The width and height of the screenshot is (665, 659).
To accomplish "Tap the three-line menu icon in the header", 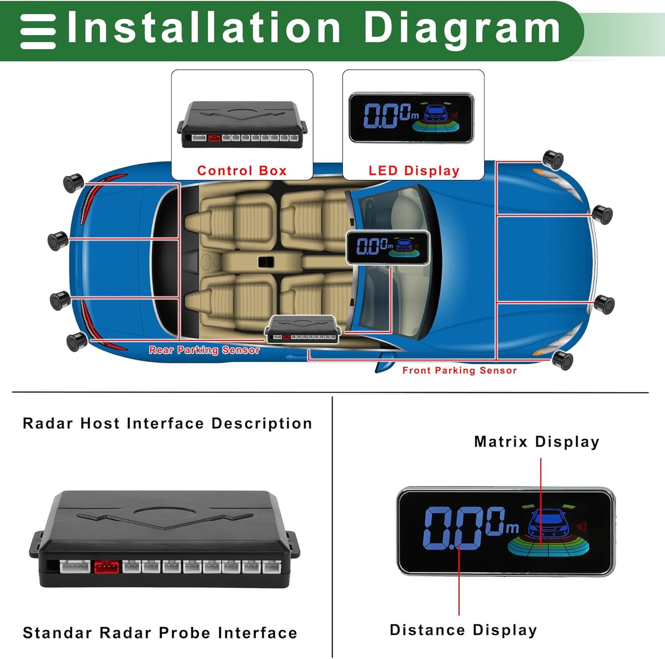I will click(38, 31).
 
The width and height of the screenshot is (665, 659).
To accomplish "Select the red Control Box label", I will click(242, 171).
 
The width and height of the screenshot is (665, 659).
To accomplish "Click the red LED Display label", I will click(414, 171).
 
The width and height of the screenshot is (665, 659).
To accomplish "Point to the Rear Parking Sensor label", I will click(204, 350).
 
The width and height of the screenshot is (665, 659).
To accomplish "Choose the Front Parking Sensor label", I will click(459, 370).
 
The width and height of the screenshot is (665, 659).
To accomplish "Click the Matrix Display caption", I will click(537, 442).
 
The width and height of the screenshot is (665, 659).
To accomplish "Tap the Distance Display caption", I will click(463, 630).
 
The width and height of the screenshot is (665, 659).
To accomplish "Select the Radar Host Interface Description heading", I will click(168, 423).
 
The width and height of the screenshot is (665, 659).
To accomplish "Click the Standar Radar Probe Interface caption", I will click(160, 633).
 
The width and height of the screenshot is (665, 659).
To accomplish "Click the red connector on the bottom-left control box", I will click(106, 567).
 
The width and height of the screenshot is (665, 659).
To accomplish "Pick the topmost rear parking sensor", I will click(73, 182).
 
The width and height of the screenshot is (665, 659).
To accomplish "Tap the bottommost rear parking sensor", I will click(77, 341).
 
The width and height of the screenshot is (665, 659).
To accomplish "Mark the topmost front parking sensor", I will click(553, 159).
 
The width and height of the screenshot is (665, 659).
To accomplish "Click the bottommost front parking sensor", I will click(562, 359).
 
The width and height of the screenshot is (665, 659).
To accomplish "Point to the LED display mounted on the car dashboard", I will click(388, 248).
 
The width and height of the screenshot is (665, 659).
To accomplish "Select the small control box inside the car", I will click(303, 329).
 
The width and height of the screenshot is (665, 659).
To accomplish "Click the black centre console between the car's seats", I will click(266, 262).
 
